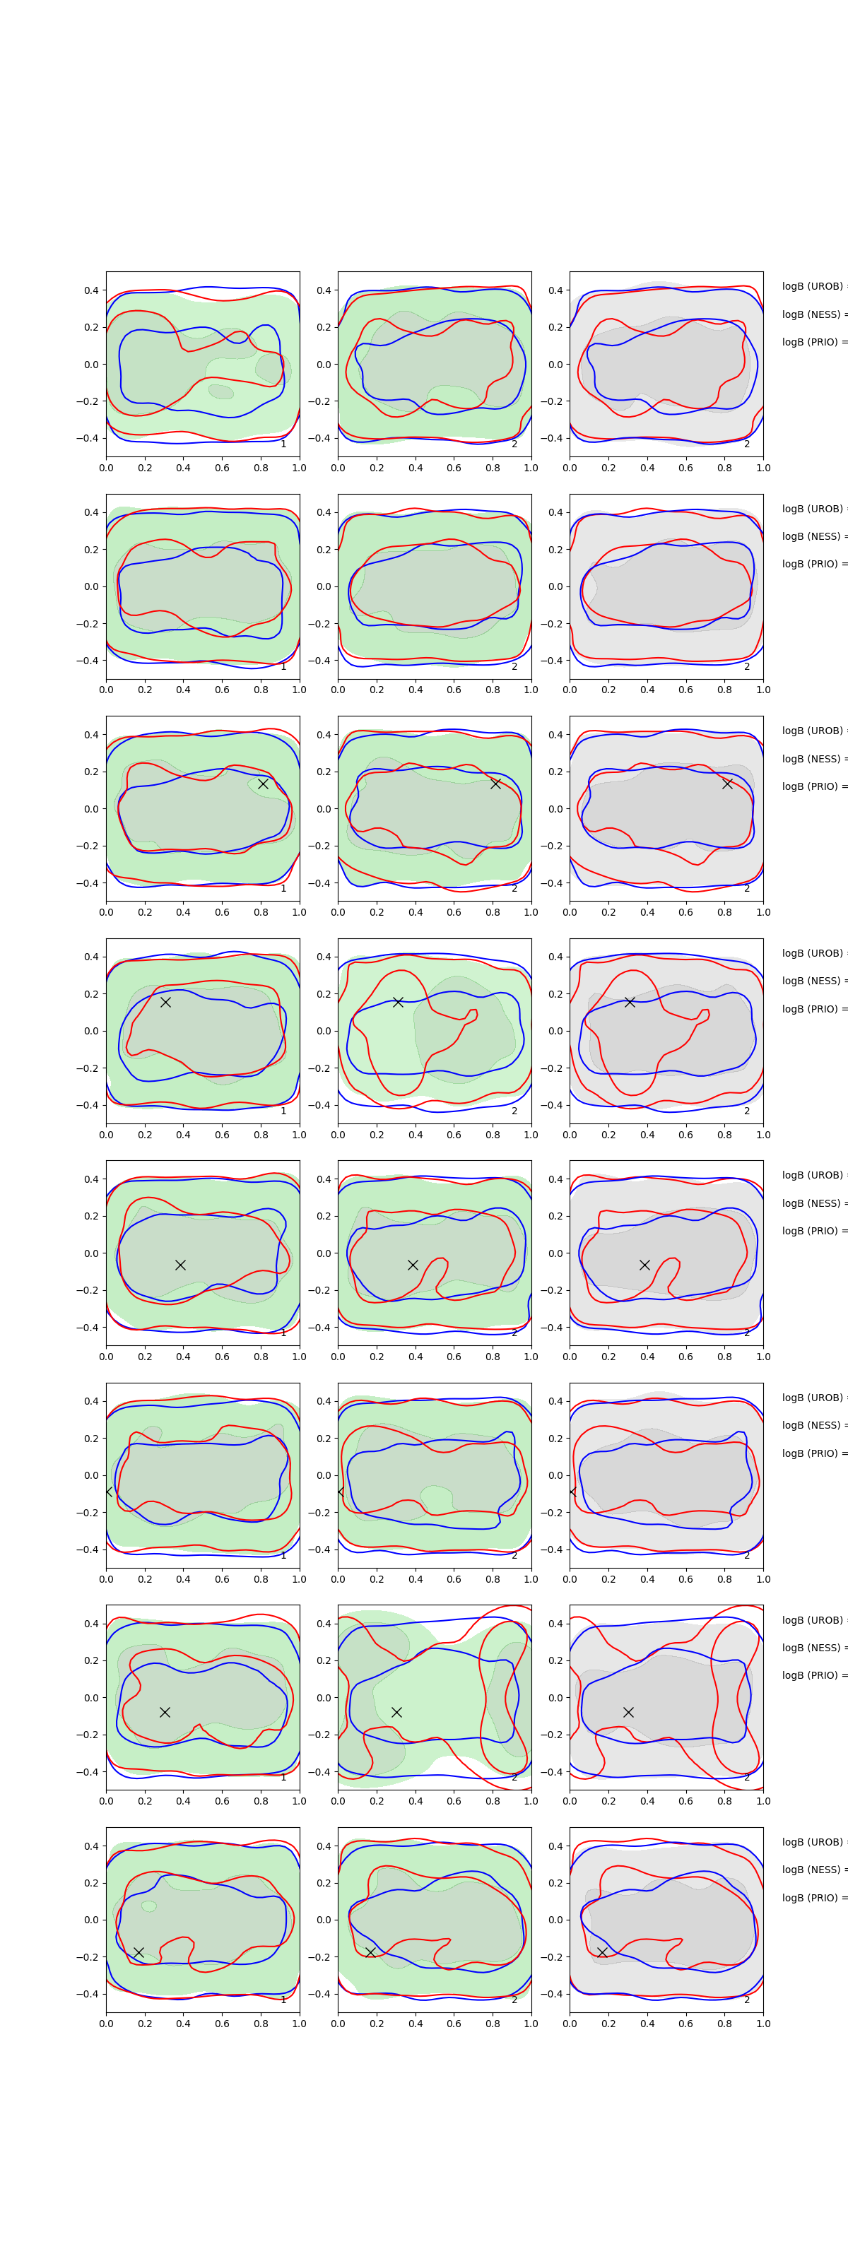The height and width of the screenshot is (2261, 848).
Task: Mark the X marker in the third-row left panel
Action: [262, 784]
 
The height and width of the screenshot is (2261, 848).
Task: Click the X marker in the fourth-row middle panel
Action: [398, 1001]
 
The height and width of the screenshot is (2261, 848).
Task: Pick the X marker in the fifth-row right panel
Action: [644, 1265]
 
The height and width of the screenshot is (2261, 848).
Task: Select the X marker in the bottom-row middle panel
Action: [370, 1952]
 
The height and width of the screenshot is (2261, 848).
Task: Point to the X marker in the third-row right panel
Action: [727, 784]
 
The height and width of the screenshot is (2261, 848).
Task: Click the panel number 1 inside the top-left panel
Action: [283, 444]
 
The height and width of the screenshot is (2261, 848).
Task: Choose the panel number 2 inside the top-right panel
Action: [747, 444]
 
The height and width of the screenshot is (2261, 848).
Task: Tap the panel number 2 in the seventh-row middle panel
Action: [514, 1778]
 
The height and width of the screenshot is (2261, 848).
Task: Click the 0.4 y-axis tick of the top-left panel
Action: [90, 290]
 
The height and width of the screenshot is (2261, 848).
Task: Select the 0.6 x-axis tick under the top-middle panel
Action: [454, 468]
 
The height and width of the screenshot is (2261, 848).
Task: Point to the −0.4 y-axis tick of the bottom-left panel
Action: [88, 1994]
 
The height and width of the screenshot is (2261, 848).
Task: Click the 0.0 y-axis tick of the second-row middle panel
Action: [324, 586]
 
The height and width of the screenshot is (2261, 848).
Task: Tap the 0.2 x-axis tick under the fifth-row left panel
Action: [145, 1356]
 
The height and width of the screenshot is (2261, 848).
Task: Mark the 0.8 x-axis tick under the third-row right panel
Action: [724, 912]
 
